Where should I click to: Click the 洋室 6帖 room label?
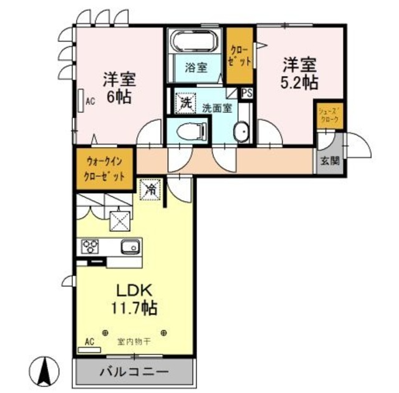(x=120, y=88)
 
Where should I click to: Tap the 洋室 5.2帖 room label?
(x=300, y=73)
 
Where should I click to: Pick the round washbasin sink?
(x=241, y=132)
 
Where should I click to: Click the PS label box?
(x=247, y=93)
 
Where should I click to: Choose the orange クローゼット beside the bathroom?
(x=240, y=56)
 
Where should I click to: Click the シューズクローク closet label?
(x=328, y=115)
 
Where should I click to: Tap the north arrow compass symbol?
(x=46, y=371)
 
